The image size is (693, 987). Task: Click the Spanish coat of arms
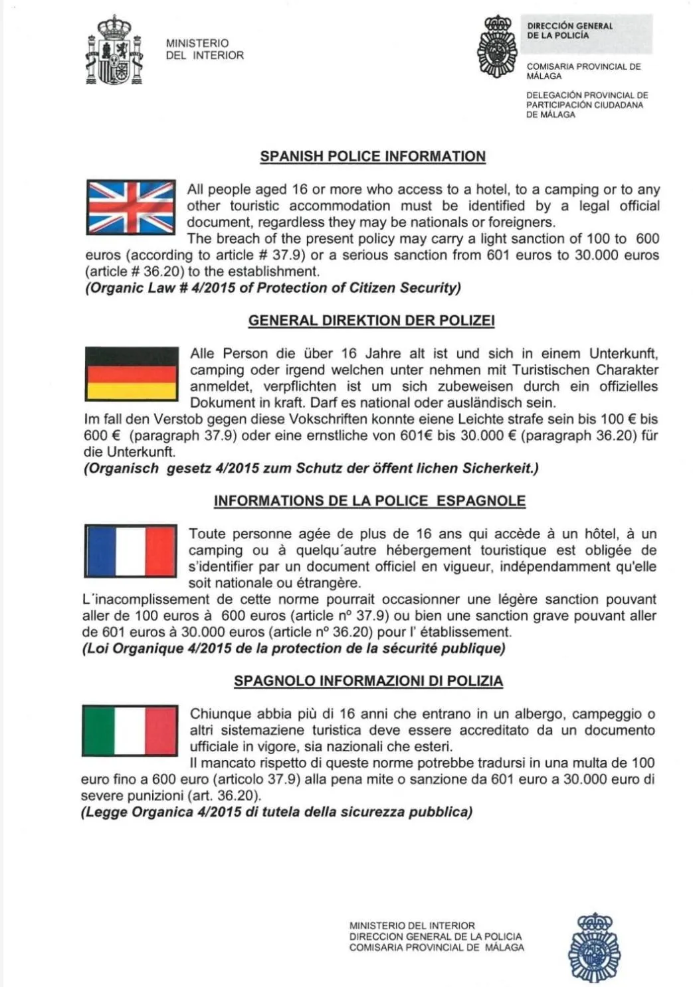(114, 50)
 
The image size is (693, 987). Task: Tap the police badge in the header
(497, 46)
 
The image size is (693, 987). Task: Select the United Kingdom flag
(131, 207)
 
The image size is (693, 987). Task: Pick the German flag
(132, 374)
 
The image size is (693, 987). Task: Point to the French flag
(130, 551)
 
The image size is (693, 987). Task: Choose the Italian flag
(130, 731)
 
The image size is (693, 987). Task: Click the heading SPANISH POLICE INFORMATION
(373, 157)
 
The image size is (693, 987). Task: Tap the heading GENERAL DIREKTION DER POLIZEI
(371, 321)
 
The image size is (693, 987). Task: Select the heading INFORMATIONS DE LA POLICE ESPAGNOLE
(369, 501)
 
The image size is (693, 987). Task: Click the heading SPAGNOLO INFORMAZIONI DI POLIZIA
(368, 681)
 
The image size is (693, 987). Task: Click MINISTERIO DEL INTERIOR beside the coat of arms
(205, 49)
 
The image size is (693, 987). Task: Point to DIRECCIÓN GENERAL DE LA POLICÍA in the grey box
(570, 31)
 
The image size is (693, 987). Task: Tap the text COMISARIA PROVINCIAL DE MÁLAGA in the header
(583, 71)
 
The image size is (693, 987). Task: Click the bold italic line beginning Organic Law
(272, 288)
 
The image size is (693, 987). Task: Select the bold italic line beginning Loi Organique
(294, 648)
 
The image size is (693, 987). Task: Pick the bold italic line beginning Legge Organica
(276, 812)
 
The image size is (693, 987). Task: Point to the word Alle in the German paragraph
(203, 354)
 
